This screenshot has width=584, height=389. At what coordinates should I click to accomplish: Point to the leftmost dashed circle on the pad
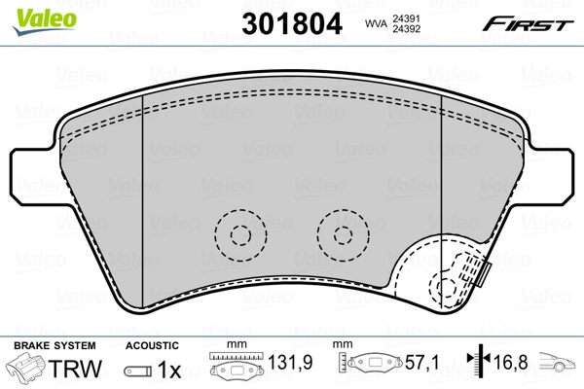239,233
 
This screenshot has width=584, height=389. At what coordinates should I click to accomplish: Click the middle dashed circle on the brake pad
342,233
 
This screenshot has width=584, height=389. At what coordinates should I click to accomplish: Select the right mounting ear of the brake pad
553,175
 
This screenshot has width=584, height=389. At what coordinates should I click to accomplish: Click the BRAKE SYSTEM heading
53,345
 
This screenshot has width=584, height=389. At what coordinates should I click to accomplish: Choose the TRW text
75,370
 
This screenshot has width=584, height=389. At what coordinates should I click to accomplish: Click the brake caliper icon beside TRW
28,370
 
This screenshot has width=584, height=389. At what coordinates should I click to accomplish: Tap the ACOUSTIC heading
153,345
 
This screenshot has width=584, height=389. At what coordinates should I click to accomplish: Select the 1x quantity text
170,370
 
